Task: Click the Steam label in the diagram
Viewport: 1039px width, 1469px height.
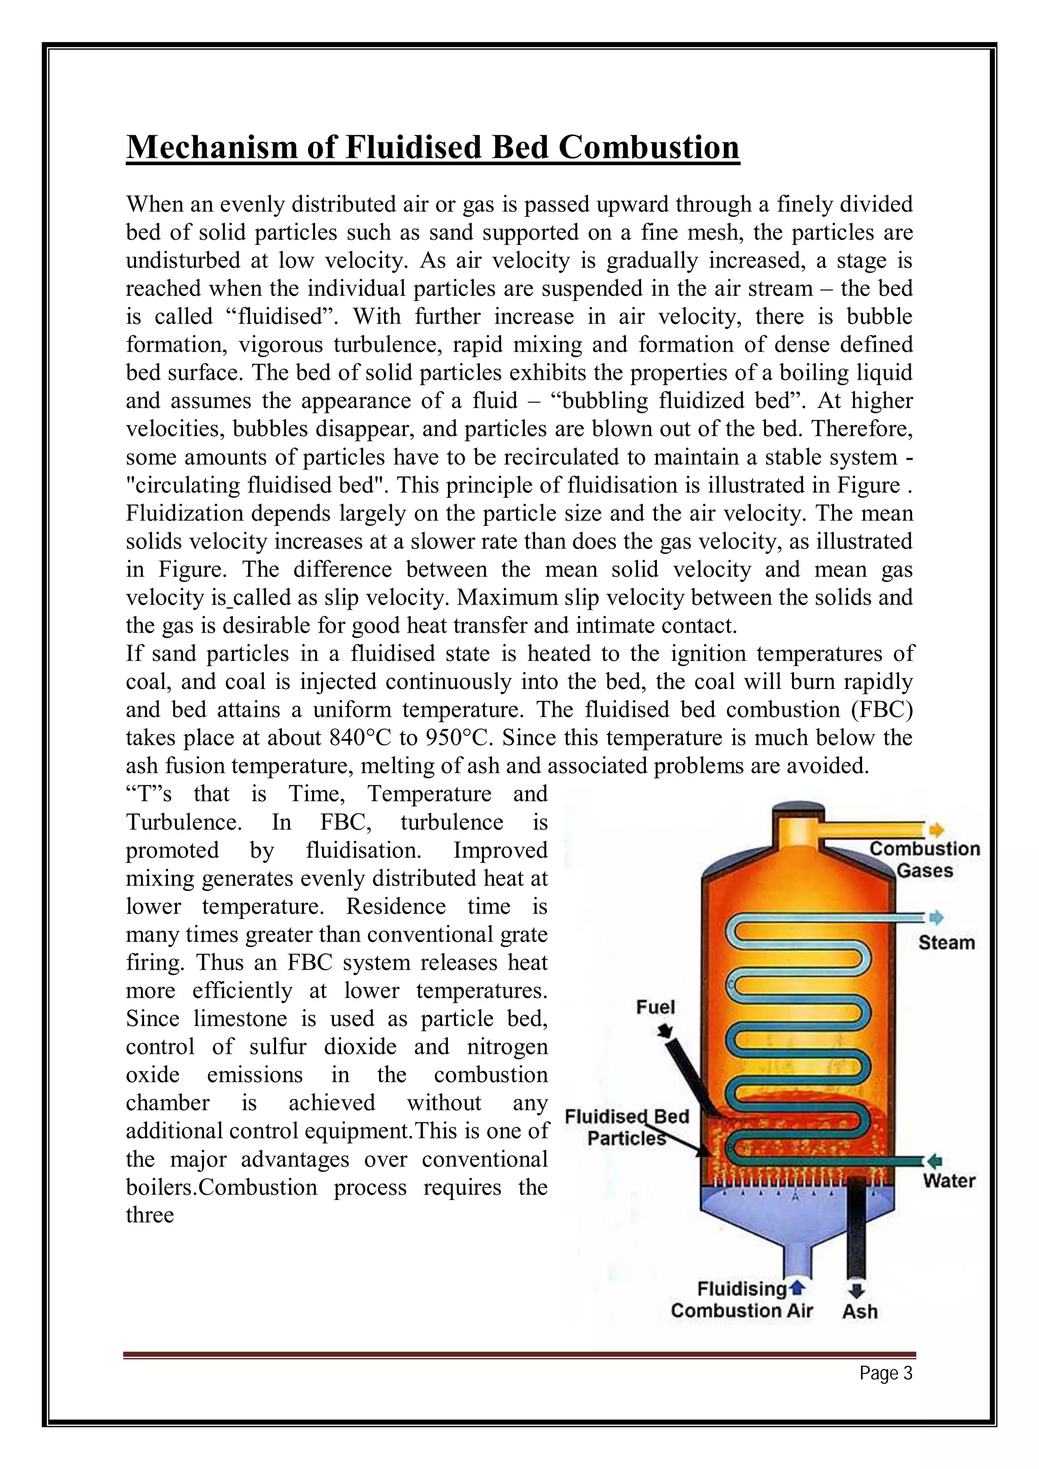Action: click(x=946, y=942)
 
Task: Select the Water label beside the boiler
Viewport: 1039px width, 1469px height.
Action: click(x=949, y=1181)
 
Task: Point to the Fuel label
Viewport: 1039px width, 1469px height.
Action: click(x=655, y=1007)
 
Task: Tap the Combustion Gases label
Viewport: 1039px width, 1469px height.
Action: click(x=924, y=859)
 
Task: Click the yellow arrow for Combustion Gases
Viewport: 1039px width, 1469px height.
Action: click(x=937, y=830)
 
